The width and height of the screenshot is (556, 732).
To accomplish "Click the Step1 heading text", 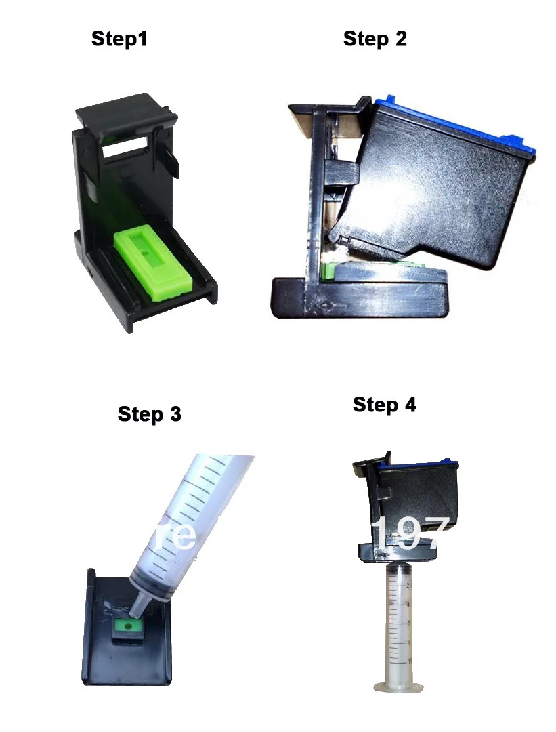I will (x=119, y=39).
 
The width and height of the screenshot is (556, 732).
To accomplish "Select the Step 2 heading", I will (x=375, y=39).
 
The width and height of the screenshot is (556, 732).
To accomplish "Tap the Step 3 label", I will (x=149, y=414).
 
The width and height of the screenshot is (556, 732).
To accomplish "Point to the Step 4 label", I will (x=384, y=405).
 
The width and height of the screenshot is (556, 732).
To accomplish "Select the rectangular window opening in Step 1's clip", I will (x=125, y=144).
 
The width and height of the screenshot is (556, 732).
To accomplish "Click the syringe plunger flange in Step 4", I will (x=404, y=683).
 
